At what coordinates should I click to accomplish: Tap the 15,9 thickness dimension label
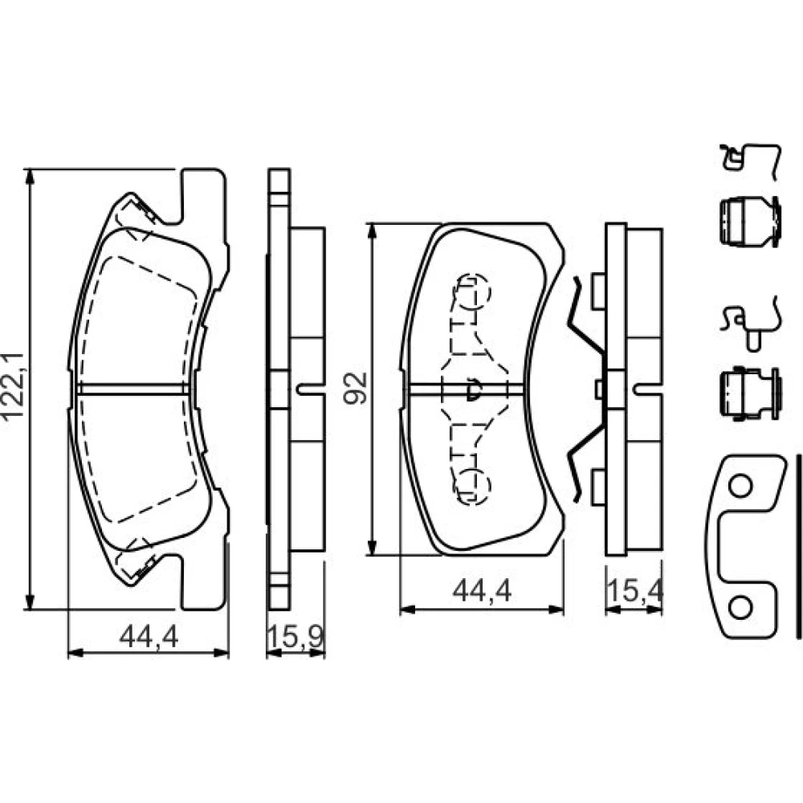click(296, 637)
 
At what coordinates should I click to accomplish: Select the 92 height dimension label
click(356, 388)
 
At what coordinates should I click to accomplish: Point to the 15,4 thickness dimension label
click(634, 591)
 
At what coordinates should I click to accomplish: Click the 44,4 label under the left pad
click(149, 637)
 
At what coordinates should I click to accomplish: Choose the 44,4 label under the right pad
click(482, 592)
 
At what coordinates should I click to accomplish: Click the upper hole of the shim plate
click(740, 486)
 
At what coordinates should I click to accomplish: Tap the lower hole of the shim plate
click(740, 608)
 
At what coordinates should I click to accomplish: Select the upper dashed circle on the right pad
click(474, 291)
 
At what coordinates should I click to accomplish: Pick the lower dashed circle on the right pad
click(474, 485)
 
